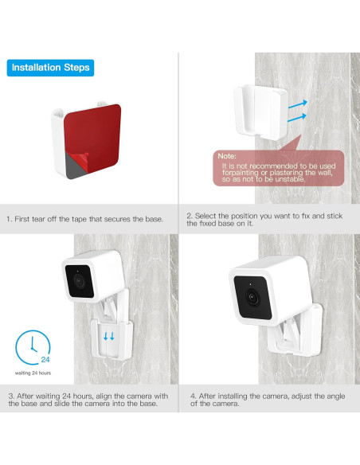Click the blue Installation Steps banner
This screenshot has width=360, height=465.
[x=49, y=68]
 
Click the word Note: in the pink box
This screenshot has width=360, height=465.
[x=226, y=157]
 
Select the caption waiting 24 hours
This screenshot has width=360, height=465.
[x=33, y=373]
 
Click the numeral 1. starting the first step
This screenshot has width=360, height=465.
[x=9, y=219]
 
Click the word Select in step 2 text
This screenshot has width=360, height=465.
[x=207, y=216]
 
